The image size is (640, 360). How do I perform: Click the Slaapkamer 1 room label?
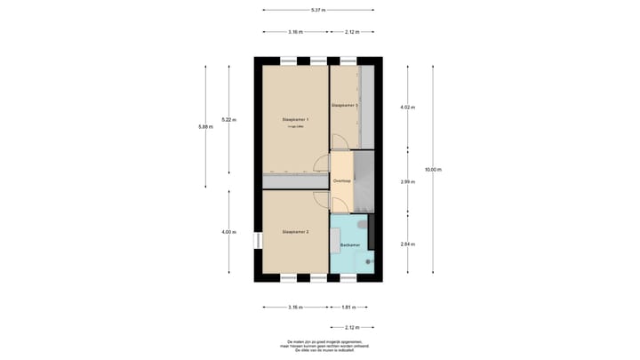tap(295, 119)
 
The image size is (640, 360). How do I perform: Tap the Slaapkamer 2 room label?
tap(295, 232)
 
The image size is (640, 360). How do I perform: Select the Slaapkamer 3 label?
tap(344, 105)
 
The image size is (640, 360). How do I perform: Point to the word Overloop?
tap(342, 181)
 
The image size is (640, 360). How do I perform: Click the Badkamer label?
tap(349, 244)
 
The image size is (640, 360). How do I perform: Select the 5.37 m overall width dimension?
tap(318, 10)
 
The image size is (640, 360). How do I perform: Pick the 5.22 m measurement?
tap(228, 119)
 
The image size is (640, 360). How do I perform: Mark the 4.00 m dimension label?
tap(228, 232)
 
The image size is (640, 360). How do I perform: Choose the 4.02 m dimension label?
tap(408, 107)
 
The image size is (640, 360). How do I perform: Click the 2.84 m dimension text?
tap(408, 244)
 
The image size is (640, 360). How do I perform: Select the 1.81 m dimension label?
tap(348, 308)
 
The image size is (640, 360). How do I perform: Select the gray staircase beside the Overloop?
tap(363, 181)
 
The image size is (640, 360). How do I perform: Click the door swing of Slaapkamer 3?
tap(338, 141)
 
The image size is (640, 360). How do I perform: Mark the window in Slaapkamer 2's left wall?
tap(257, 241)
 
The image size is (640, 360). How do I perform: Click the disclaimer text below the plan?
tap(318, 345)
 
